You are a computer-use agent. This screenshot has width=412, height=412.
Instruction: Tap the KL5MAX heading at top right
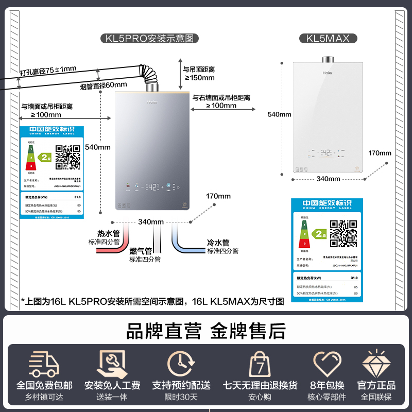(328, 38)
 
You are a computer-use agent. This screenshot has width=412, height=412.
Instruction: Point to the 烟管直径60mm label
(104, 85)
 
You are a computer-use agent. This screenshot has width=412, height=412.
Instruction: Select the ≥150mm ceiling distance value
(199, 78)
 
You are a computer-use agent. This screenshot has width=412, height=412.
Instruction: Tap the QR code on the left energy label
(68, 157)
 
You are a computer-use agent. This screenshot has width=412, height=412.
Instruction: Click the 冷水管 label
(218, 243)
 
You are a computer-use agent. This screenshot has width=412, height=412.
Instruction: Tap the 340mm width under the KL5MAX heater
(329, 179)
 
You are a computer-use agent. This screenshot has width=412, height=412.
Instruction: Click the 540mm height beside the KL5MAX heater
(279, 114)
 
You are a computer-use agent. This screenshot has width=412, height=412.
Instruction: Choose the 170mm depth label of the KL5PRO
(218, 196)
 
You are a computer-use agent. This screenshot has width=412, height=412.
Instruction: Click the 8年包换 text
(327, 385)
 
